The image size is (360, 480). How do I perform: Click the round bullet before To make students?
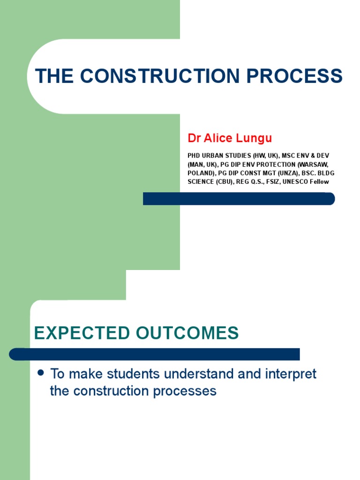[40, 373]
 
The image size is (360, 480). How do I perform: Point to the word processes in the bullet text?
[190, 391]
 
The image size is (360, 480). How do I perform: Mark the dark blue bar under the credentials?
[239, 199]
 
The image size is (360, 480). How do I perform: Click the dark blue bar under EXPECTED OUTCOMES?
[155, 354]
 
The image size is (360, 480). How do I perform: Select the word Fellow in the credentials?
[319, 182]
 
